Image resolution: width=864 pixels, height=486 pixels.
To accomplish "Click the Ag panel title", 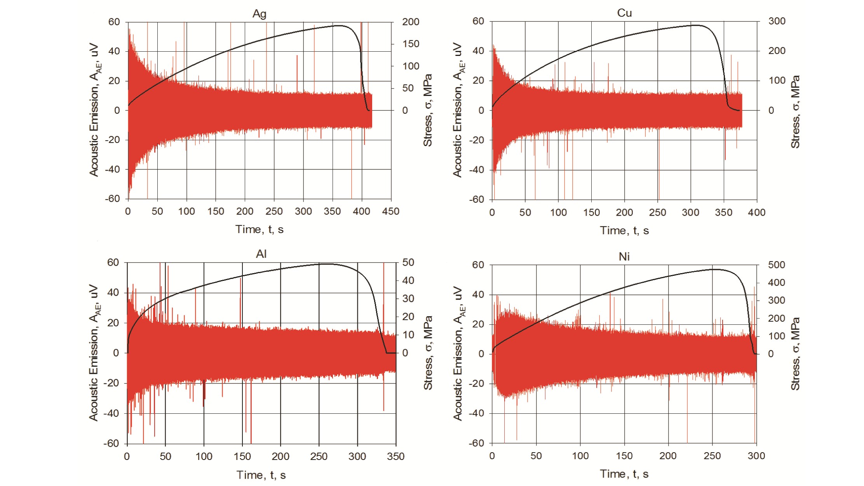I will [259, 14].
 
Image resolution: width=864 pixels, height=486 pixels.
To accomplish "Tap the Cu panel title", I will [624, 13].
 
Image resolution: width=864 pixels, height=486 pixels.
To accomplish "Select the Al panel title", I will [261, 254].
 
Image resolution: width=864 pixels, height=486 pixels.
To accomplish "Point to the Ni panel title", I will [624, 256].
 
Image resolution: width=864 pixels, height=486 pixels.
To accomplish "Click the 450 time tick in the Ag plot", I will [391, 211].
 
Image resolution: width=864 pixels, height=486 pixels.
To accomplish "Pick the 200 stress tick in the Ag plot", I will [410, 22].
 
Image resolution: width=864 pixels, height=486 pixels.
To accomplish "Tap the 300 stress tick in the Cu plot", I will [777, 21].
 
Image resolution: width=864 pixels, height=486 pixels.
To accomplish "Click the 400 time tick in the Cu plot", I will [757, 213].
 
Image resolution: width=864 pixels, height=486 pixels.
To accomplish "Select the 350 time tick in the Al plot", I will [396, 456].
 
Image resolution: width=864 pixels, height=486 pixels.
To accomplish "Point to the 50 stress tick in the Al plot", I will [408, 263].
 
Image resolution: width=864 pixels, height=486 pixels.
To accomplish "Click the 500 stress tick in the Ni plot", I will [776, 265].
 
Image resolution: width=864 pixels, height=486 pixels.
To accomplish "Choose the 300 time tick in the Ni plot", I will [756, 456].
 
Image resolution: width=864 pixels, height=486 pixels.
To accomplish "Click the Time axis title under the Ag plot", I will [259, 230].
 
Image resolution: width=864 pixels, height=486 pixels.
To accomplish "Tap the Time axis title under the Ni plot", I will [624, 474].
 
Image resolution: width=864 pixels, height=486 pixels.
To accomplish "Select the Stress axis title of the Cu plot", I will [795, 112].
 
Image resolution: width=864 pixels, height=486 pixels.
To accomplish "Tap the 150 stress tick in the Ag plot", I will [410, 44].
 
